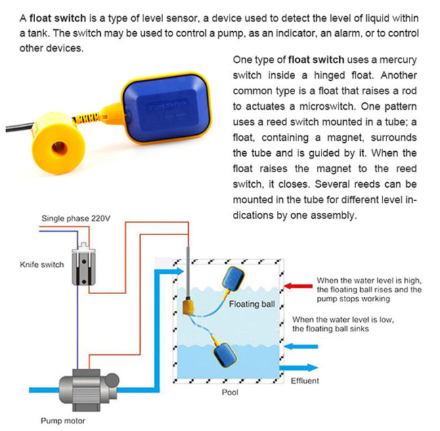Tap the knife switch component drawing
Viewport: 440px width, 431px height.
click(x=83, y=264)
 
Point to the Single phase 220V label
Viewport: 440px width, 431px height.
click(x=75, y=218)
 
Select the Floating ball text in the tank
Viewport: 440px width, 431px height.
click(x=252, y=304)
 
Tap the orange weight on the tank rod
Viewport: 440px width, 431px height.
click(x=188, y=309)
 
